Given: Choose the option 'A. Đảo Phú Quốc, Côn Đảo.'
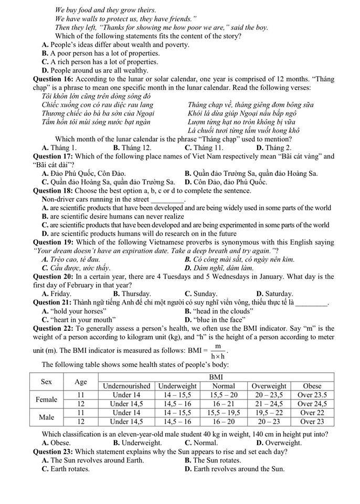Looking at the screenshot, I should (x=84, y=173).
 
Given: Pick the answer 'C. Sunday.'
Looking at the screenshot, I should (x=201, y=294).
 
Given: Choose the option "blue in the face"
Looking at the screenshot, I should (x=215, y=319).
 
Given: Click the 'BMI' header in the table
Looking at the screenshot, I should (x=216, y=377).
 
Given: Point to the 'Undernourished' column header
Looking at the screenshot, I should (x=126, y=386).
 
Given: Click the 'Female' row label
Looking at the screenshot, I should (x=46, y=400).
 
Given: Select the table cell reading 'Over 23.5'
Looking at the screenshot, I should (x=312, y=395).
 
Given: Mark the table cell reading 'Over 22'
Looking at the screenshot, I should (x=312, y=413).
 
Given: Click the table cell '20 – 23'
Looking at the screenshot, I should (x=269, y=422).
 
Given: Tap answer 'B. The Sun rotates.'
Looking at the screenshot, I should (x=213, y=460).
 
